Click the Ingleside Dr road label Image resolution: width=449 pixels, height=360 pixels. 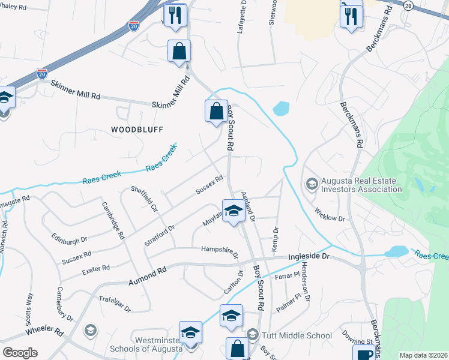click(x=310, y=256)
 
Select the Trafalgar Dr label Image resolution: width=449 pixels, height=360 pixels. click(x=114, y=304)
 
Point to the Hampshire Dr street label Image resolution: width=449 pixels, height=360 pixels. click(x=220, y=250)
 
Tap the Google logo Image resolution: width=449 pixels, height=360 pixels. click(x=20, y=353)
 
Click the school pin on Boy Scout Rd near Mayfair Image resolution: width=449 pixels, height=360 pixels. click(x=233, y=211)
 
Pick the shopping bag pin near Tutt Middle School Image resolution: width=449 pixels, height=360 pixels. click(x=237, y=347)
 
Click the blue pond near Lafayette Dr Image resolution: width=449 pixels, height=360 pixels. click(x=280, y=109)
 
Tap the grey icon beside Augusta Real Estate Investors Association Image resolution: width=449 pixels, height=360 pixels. click(x=312, y=183)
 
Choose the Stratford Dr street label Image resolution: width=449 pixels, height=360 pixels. click(x=160, y=236)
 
